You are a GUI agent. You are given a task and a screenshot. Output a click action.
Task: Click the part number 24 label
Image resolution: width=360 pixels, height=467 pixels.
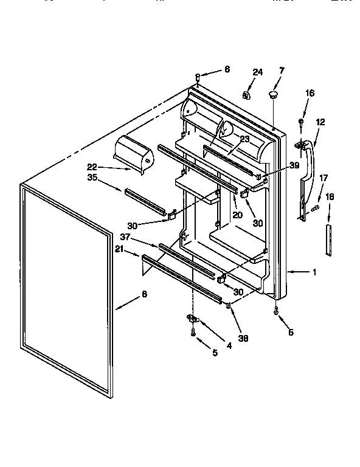[x=257, y=72]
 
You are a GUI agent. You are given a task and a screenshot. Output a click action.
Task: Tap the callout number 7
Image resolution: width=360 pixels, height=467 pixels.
[x=281, y=71]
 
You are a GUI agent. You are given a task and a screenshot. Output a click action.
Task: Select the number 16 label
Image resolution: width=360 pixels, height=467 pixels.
[x=310, y=93]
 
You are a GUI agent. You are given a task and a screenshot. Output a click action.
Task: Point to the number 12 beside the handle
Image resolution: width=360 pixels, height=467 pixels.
[x=320, y=122]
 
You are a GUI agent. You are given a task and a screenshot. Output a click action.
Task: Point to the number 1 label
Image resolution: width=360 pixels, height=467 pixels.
[x=314, y=272]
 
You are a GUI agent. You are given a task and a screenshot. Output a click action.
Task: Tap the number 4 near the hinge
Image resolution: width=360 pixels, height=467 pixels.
[x=229, y=346]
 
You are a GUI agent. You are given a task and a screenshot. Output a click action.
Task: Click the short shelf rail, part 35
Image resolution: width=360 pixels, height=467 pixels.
[x=145, y=201]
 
